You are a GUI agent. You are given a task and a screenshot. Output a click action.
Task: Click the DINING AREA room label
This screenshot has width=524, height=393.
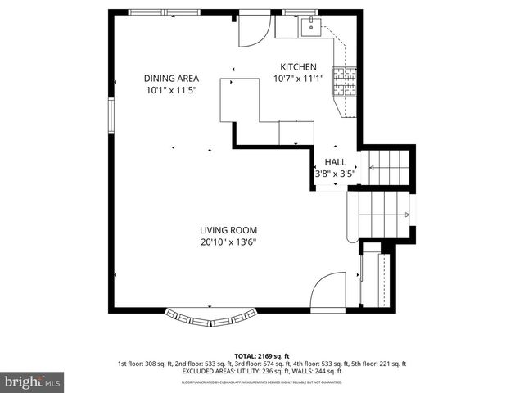170,79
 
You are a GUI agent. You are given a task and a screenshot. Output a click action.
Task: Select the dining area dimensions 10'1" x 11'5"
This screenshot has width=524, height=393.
170,91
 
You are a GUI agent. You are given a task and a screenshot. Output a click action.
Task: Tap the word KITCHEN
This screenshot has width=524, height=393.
298,67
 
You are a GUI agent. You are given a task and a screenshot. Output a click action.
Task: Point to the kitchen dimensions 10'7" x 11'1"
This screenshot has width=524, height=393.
298,79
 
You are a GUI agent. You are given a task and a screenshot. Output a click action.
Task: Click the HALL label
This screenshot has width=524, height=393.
336,162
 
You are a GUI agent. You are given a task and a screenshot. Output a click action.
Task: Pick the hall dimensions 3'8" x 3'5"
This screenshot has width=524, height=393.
336,174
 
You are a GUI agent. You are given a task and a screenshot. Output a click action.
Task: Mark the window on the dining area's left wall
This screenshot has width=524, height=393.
112,115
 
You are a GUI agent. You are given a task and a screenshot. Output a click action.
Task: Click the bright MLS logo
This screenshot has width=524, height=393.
33,382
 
